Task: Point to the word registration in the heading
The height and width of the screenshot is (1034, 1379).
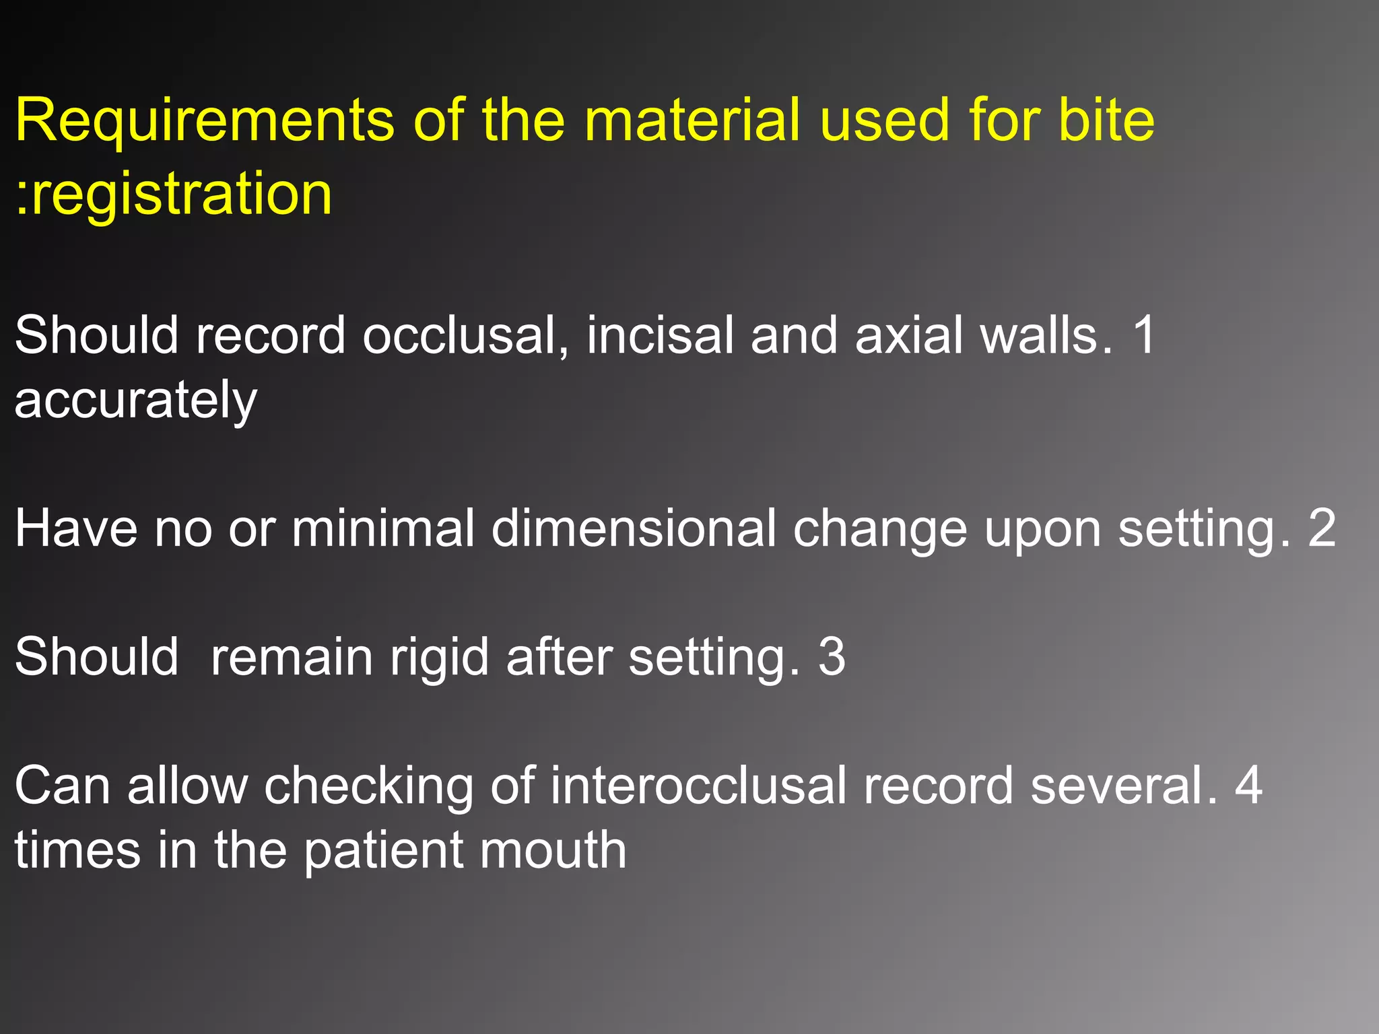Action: pyautogui.click(x=181, y=195)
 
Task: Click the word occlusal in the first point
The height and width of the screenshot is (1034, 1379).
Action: pyautogui.click(x=465, y=335)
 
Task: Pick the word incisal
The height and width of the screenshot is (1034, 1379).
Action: pyautogui.click(x=660, y=335)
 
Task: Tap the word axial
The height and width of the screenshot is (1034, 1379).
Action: pyautogui.click(x=909, y=335)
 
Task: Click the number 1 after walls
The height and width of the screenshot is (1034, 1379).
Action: pyautogui.click(x=1143, y=335)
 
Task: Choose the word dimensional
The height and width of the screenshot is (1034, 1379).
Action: pyautogui.click(x=634, y=528)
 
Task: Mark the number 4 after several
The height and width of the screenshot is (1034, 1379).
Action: pyautogui.click(x=1248, y=786)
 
